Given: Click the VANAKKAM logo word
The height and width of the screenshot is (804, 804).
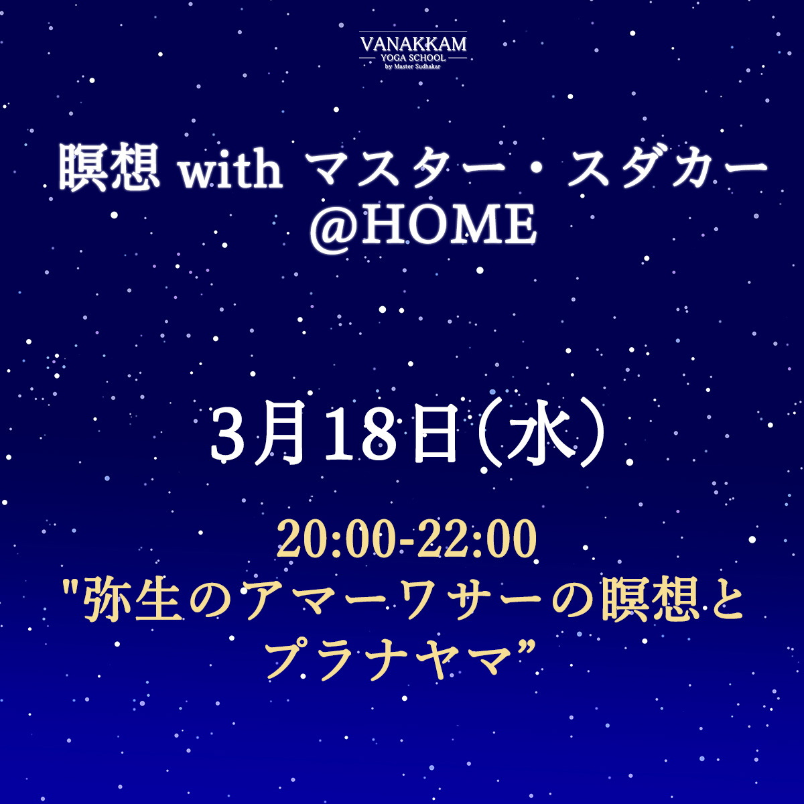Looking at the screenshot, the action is tap(413, 44).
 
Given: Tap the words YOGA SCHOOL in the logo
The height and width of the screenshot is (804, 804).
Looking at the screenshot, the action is tap(413, 58).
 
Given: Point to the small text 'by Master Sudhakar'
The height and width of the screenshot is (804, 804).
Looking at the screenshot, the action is tap(413, 66).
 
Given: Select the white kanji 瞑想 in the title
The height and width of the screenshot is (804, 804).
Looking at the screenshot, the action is tap(109, 167).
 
